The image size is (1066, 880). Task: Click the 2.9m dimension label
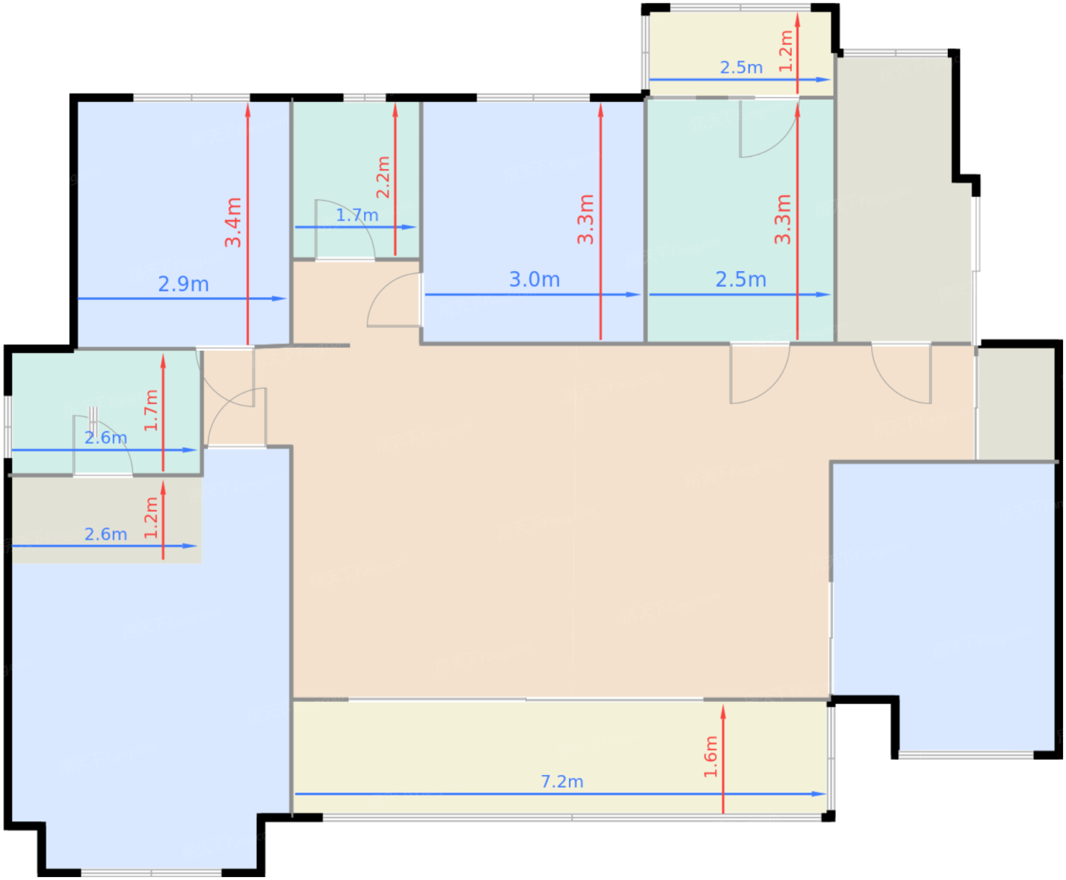[x=184, y=284]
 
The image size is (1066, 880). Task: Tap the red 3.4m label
[x=233, y=222]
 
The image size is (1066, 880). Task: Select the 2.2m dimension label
[x=383, y=177]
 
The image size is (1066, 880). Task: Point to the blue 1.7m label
[x=357, y=215]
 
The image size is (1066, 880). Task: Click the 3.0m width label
[x=535, y=279]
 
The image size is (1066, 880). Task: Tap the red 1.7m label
[x=151, y=410]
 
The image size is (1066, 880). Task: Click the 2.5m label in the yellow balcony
[x=741, y=68]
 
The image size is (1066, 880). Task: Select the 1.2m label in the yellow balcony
[x=786, y=50]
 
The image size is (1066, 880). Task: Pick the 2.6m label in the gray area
[x=106, y=534]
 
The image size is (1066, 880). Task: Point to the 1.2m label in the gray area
[x=151, y=518]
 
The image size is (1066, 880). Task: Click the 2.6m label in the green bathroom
[x=106, y=438]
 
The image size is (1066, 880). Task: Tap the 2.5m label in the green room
[x=741, y=279]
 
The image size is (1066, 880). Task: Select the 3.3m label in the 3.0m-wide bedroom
[x=586, y=219]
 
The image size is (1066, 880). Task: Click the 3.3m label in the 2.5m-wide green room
[x=783, y=219]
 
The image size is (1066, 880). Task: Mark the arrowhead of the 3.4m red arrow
[x=247, y=110]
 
